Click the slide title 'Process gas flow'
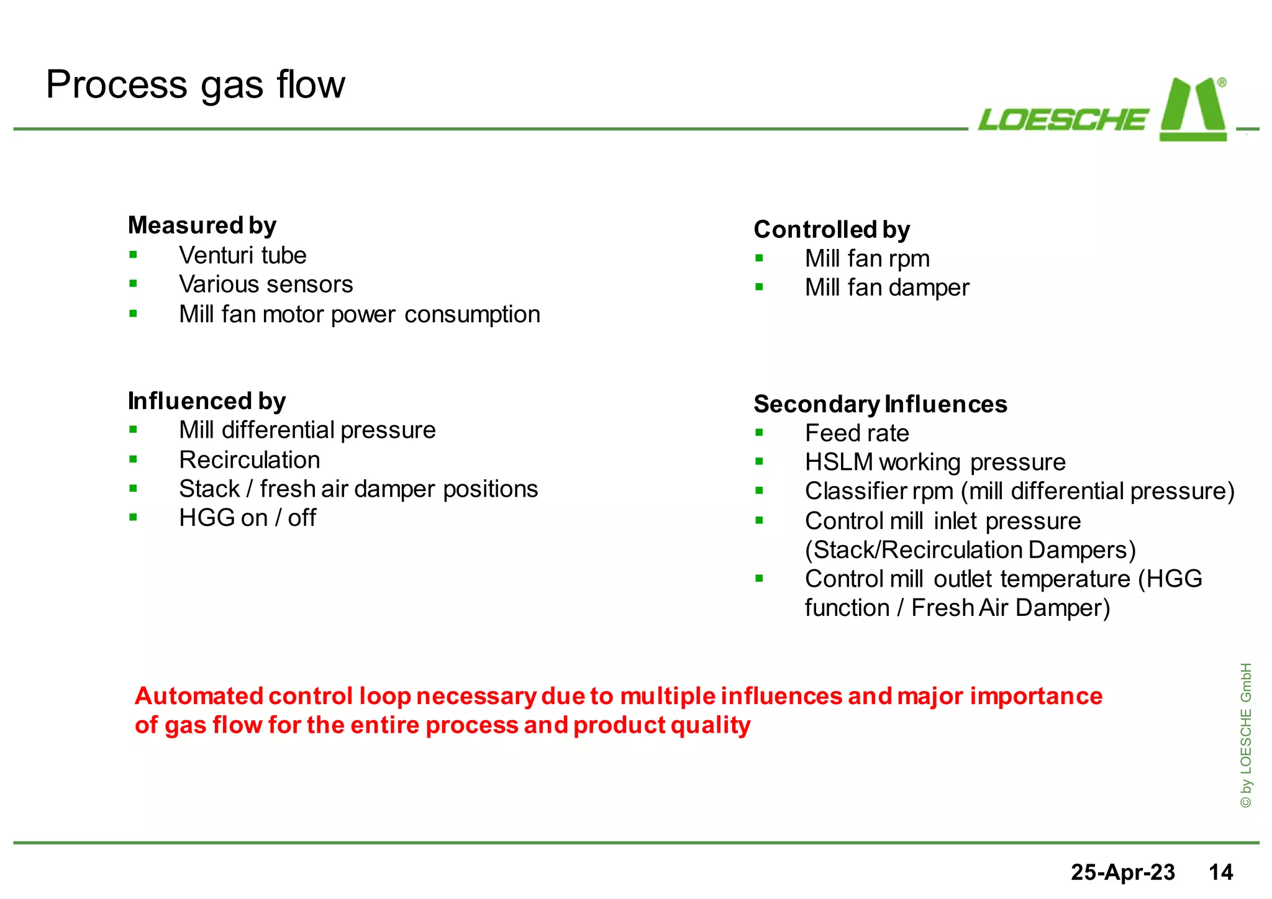pos(195,85)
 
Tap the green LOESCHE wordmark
pos(1063,120)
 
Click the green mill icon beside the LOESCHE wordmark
pos(1193,110)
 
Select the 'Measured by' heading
pos(202,225)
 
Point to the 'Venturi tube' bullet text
pos(242,255)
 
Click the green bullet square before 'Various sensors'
pos(133,284)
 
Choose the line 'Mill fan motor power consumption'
pos(359,314)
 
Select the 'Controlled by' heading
pos(831,229)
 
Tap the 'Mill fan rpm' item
pos(867,258)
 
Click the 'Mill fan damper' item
pos(886,287)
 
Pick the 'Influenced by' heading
pos(206,401)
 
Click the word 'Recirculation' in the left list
pos(249,460)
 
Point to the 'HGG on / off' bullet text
pos(247,518)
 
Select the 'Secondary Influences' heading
pos(879,404)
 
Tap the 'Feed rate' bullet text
pos(856,433)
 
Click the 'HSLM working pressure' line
pos(935,462)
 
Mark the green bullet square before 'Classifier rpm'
pos(759,490)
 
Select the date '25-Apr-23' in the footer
pos(1122,872)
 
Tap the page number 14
pos(1220,872)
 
